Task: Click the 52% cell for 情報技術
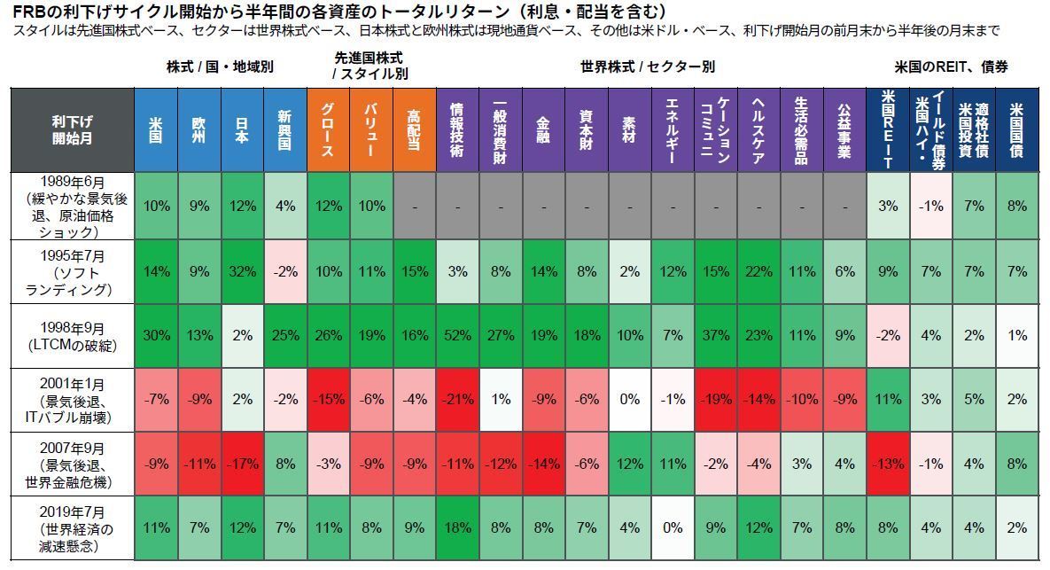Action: coord(457,336)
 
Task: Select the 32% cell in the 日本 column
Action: coord(242,271)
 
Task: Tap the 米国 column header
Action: coord(156,129)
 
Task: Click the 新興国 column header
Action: coord(285,129)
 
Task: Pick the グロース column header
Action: coord(328,129)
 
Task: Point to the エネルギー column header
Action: coord(672,129)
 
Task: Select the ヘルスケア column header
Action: coord(758,129)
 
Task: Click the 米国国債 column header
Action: coord(1016,129)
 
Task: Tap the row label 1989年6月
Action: coord(72,206)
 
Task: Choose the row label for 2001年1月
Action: coord(72,399)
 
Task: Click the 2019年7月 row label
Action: coord(72,527)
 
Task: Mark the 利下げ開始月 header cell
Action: coord(72,129)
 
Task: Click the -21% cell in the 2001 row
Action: coord(457,400)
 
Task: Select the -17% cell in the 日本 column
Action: coord(242,465)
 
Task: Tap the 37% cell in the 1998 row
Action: coord(715,336)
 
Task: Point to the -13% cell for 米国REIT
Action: coord(887,465)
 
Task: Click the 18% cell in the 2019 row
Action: coord(457,528)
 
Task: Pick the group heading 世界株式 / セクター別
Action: coord(647,66)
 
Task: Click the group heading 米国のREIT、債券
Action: coord(951,66)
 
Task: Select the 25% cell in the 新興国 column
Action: coord(285,336)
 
